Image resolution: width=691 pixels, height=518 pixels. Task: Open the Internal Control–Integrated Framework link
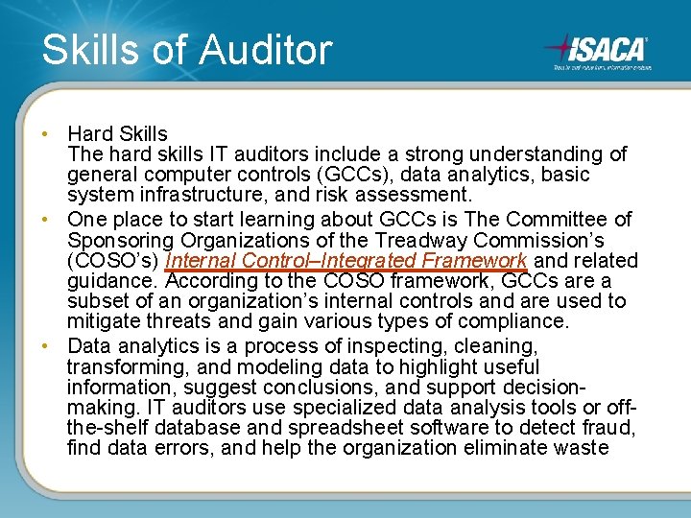click(x=346, y=261)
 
